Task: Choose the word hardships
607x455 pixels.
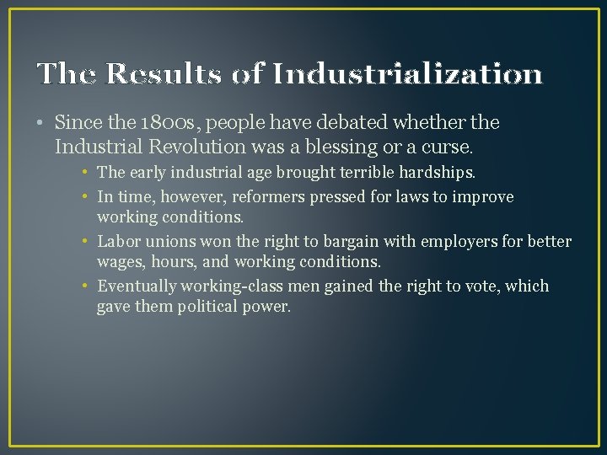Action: (435, 173)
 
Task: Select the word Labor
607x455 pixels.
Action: (118, 242)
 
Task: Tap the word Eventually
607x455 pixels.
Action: (137, 286)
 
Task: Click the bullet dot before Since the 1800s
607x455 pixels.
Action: (41, 124)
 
